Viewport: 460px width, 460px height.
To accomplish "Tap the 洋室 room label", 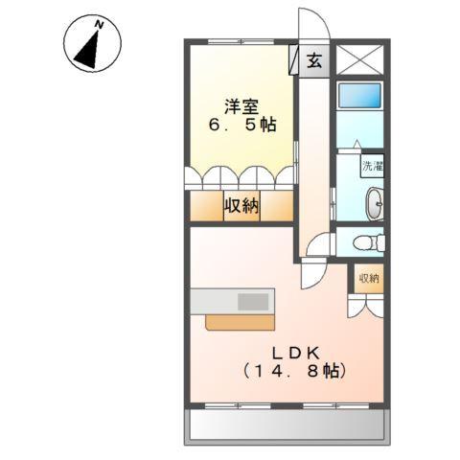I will pos(243,106).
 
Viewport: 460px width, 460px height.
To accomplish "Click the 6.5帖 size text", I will pos(243,126).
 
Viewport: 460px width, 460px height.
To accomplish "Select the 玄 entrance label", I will pos(314,60).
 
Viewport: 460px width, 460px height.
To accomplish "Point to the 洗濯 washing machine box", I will pos(372,165).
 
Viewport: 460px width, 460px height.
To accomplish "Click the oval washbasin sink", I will pos(373,203).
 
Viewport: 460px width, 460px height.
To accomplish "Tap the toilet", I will pos(366,242).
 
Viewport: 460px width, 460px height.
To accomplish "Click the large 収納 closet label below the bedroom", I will pos(241,205).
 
